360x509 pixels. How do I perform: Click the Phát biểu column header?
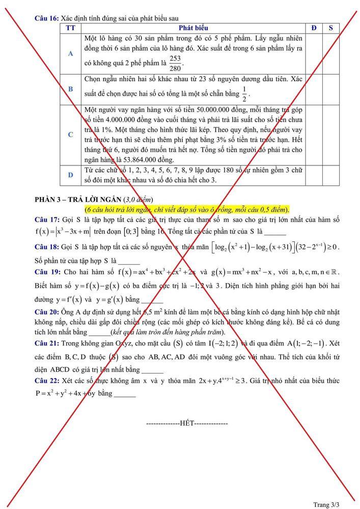point(193,27)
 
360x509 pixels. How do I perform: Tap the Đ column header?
point(314,27)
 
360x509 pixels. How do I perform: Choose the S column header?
point(331,27)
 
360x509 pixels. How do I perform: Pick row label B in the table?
point(70,89)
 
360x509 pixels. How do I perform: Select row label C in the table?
point(70,135)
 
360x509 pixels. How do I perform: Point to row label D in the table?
point(70,175)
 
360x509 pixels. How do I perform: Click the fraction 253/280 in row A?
point(175,64)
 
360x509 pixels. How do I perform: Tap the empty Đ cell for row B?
point(314,89)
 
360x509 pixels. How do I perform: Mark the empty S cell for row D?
point(331,175)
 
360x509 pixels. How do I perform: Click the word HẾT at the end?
point(187,423)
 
